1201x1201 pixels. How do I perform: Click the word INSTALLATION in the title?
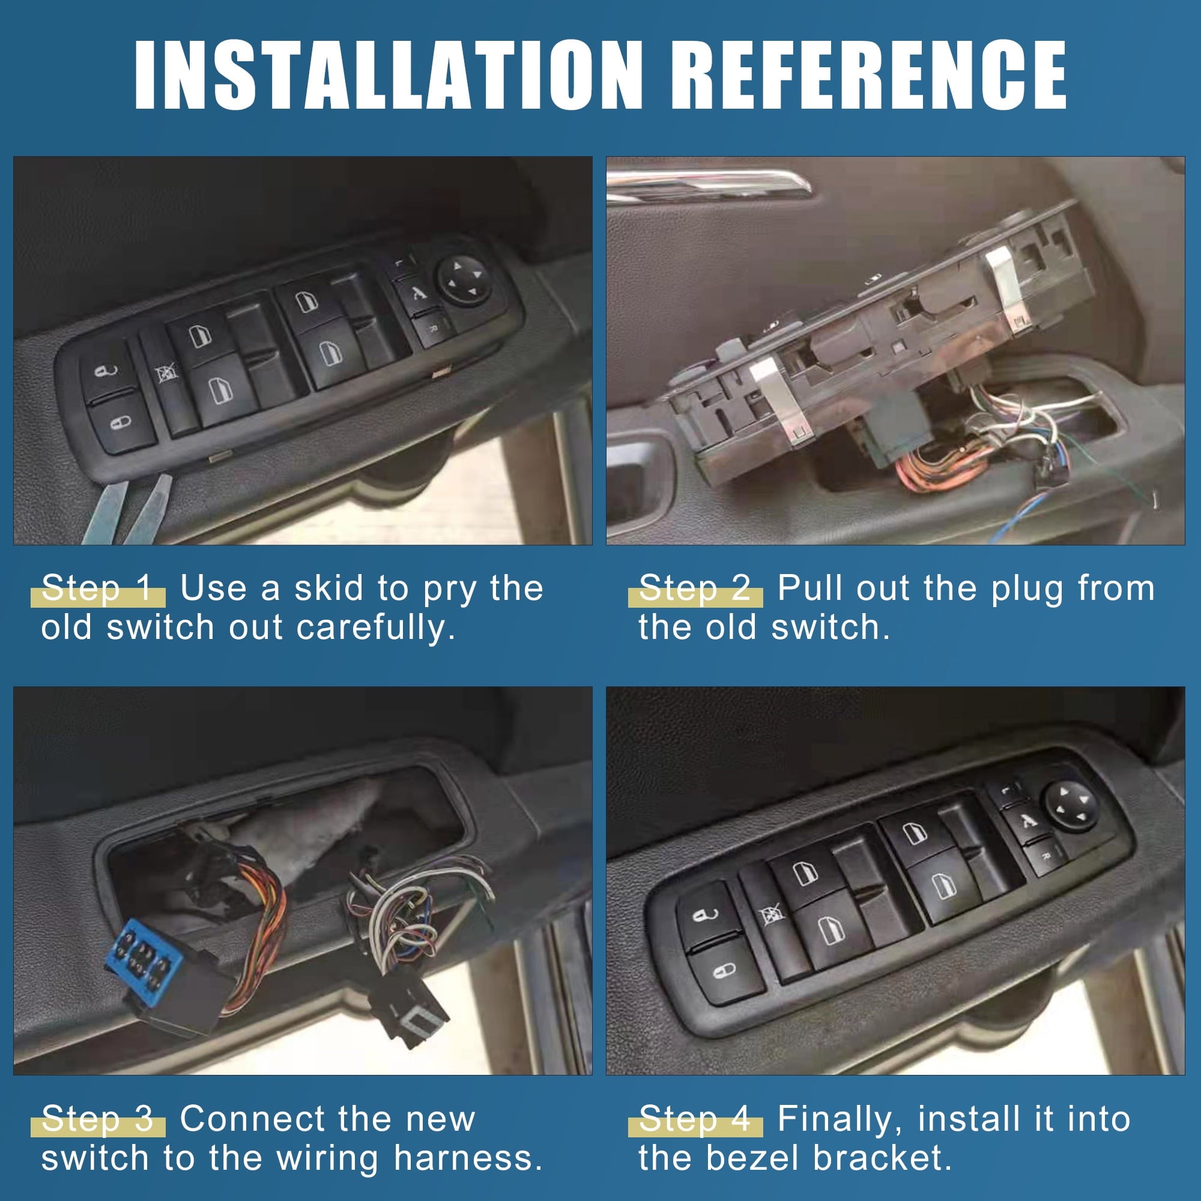(x=387, y=76)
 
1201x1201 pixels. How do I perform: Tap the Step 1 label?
(x=98, y=588)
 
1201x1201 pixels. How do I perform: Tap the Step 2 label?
(x=695, y=588)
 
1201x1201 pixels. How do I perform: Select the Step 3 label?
(x=98, y=1119)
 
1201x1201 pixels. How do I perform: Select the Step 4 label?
(x=695, y=1119)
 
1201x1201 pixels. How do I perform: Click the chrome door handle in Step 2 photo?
(x=709, y=184)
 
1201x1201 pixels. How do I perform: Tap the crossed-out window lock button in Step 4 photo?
(x=772, y=916)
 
